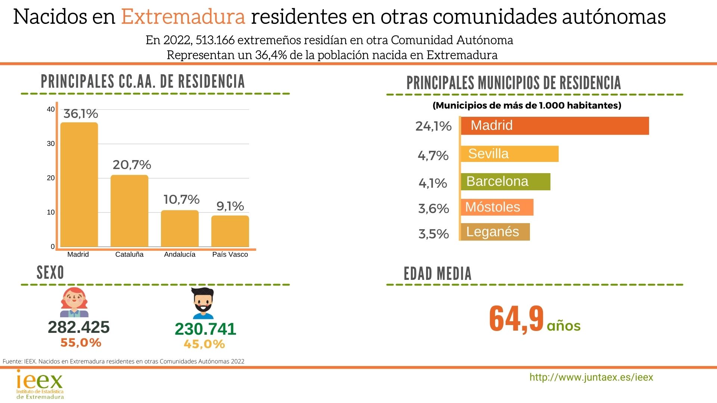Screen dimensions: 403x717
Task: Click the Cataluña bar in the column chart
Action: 129,211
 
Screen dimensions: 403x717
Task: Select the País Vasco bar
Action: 230,231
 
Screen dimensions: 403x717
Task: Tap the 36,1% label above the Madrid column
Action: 81,114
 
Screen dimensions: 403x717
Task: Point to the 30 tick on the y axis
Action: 51,144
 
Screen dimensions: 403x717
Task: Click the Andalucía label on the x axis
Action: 180,254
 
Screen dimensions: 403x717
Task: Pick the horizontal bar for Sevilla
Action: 509,154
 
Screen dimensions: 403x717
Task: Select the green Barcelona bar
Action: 505,182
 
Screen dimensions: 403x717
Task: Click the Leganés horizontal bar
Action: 495,232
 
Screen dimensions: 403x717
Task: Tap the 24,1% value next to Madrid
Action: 434,126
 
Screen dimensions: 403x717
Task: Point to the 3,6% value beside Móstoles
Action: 434,209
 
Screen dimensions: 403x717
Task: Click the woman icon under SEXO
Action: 74,303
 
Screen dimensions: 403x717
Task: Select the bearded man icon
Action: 203,303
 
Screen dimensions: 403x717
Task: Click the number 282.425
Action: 79,327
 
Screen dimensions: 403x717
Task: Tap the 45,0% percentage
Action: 204,344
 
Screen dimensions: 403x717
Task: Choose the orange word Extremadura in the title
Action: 183,17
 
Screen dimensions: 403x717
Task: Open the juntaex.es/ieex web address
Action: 591,377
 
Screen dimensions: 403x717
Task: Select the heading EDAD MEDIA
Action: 437,274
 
